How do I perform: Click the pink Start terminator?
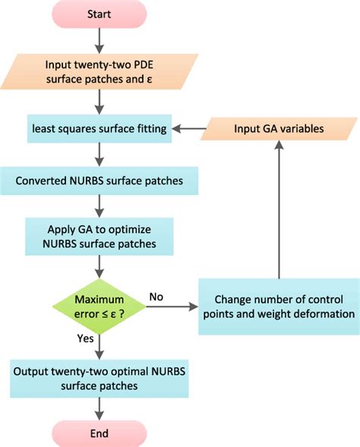(99, 14)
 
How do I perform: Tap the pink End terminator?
(99, 433)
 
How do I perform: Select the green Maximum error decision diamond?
(99, 307)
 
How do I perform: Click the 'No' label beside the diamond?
(156, 297)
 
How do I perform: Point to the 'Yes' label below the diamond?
(85, 338)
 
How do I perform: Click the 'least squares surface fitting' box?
(99, 128)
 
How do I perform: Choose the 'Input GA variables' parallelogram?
(279, 128)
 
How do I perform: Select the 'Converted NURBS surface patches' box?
(99, 181)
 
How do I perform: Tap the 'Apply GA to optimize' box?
(99, 237)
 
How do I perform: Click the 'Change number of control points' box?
(279, 307)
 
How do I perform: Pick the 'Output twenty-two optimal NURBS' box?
(99, 379)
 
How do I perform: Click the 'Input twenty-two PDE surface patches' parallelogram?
(99, 71)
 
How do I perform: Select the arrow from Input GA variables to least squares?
(189, 128)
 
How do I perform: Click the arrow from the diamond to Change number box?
(172, 307)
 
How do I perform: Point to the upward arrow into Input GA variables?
(279, 209)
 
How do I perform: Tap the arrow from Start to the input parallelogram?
(99, 41)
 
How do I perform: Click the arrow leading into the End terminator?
(99, 409)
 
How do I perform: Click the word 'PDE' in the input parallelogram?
(144, 65)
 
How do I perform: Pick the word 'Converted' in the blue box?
(41, 181)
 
